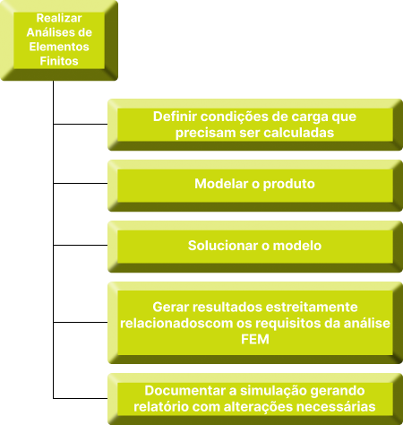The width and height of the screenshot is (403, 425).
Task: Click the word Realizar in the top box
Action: pos(59,18)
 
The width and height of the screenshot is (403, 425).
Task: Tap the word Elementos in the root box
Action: pos(59,47)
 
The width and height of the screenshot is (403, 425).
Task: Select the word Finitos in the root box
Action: pos(59,61)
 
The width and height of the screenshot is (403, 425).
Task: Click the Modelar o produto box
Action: pos(255,186)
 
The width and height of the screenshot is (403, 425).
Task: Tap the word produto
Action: pos(289,184)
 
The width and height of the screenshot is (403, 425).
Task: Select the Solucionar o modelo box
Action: pos(255,247)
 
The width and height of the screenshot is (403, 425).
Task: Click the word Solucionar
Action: pos(223,246)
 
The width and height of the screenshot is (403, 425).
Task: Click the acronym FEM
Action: pos(255,340)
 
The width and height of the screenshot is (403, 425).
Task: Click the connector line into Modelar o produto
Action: pos(81,183)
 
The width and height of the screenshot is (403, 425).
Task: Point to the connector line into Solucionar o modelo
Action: pos(81,245)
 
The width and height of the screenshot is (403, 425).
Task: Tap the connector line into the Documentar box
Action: pos(81,398)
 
